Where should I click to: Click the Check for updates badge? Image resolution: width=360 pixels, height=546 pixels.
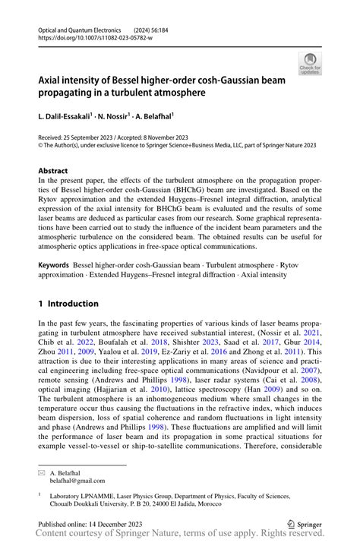(x=310, y=64)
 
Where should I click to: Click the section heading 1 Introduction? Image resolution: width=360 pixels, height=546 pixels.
(x=68, y=304)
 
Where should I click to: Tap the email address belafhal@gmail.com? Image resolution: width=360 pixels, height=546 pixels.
(x=77, y=481)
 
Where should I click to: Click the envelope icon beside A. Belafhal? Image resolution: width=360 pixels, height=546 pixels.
(x=42, y=472)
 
